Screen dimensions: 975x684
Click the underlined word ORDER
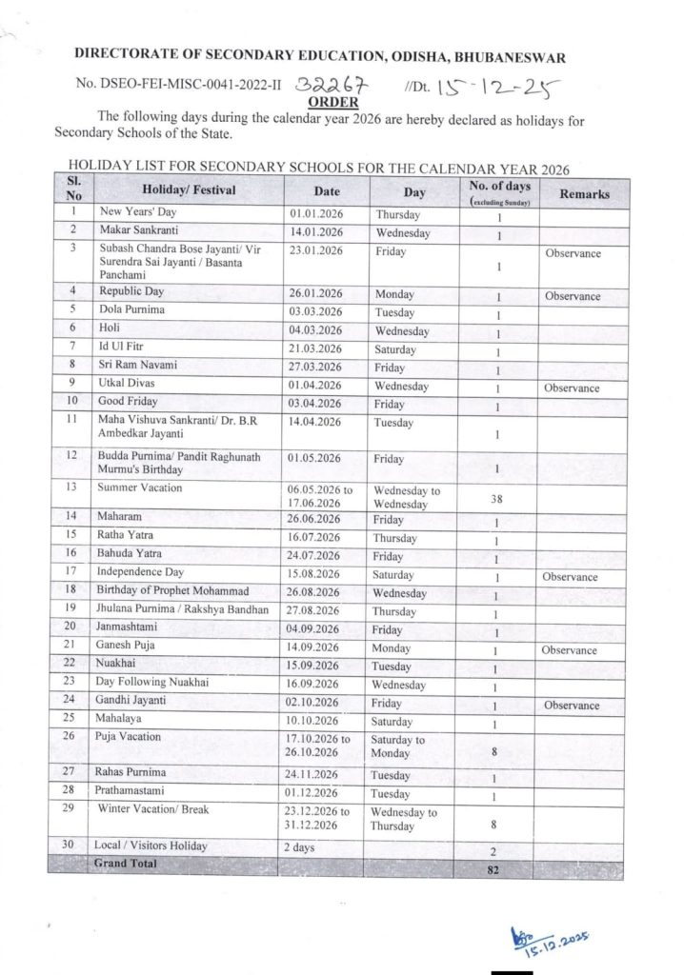point(332,102)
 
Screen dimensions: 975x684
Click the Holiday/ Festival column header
point(186,190)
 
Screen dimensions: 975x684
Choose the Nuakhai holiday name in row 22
point(118,665)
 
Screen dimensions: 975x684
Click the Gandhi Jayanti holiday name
point(131,703)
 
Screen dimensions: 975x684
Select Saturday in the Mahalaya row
point(394,721)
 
